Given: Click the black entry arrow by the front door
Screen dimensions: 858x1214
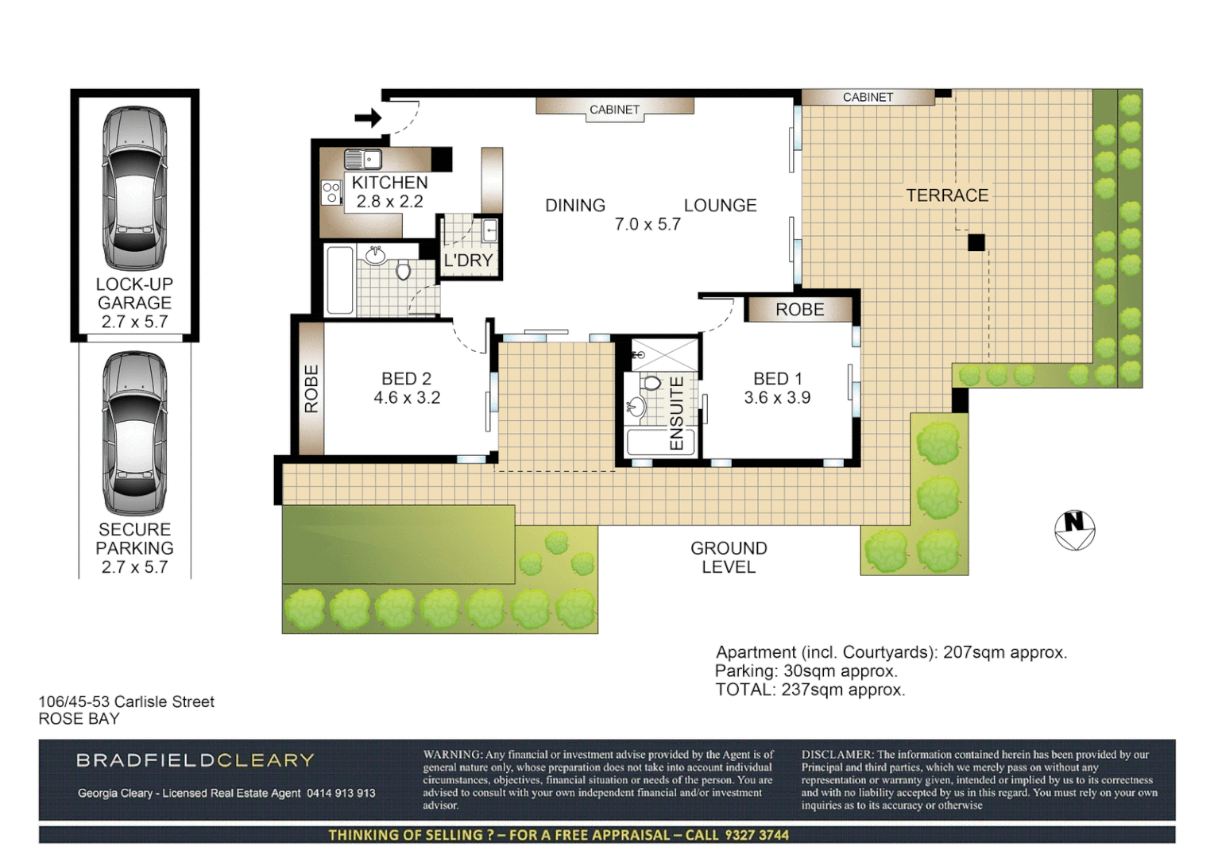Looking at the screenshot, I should click(x=368, y=118).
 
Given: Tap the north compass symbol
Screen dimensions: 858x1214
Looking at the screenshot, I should click(x=1074, y=530).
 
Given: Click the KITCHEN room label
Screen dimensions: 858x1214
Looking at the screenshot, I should click(x=389, y=183).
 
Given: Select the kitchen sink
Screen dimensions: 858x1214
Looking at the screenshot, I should click(x=362, y=159).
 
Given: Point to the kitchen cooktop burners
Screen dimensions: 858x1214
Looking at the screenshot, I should click(x=331, y=192).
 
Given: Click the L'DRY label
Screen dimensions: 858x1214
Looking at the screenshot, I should click(x=468, y=261).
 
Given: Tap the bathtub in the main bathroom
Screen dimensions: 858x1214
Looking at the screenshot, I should click(x=340, y=280).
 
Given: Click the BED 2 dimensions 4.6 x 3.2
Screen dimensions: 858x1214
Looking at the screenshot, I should click(x=407, y=398).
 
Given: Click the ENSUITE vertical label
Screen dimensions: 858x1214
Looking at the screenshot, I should click(x=677, y=413).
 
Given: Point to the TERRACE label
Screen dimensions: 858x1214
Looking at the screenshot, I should click(x=947, y=195).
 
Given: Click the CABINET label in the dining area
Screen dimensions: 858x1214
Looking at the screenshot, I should click(x=614, y=110).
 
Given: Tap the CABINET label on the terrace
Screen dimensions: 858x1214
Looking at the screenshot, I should click(x=868, y=97).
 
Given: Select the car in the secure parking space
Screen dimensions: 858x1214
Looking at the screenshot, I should click(x=134, y=434).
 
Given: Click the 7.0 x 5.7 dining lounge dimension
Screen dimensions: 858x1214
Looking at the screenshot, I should click(x=648, y=225).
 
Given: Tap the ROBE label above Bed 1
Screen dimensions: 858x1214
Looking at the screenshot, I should click(x=799, y=310).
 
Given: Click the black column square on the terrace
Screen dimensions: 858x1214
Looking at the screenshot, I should click(x=976, y=242).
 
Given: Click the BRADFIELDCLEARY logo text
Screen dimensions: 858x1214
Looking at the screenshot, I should click(x=195, y=760).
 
